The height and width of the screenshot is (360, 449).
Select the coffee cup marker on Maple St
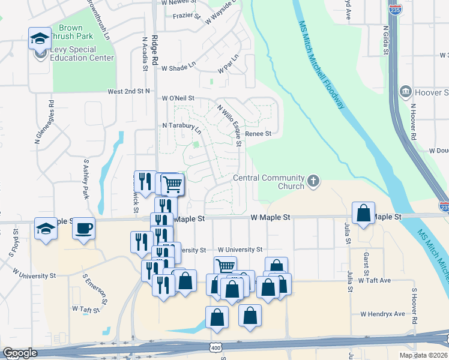[x=83, y=228]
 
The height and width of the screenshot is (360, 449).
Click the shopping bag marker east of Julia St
[x=363, y=213]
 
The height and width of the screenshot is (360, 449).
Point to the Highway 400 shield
[x=217, y=348]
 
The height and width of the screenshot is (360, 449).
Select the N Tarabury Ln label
[x=181, y=127]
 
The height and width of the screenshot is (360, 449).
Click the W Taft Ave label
[x=375, y=280]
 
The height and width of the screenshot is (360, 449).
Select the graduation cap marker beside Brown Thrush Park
[x=40, y=38]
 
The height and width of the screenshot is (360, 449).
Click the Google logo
[x=19, y=353]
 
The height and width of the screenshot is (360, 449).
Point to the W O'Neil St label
[x=178, y=98]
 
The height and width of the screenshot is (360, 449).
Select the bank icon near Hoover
[x=405, y=92]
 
